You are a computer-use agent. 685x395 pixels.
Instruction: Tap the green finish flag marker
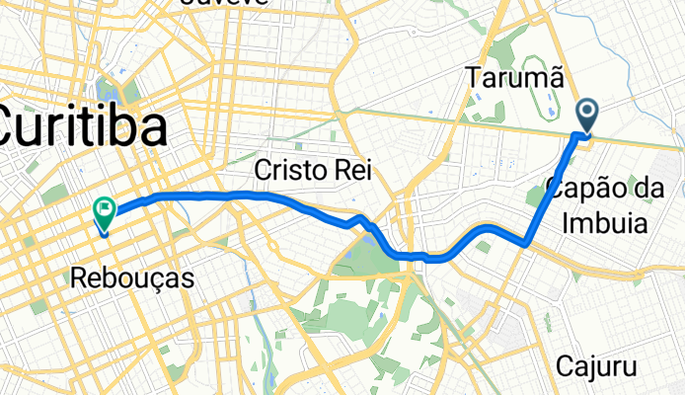click(104, 210)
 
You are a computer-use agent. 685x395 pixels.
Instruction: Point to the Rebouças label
click(132, 279)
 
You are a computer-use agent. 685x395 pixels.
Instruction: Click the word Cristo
click(287, 171)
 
